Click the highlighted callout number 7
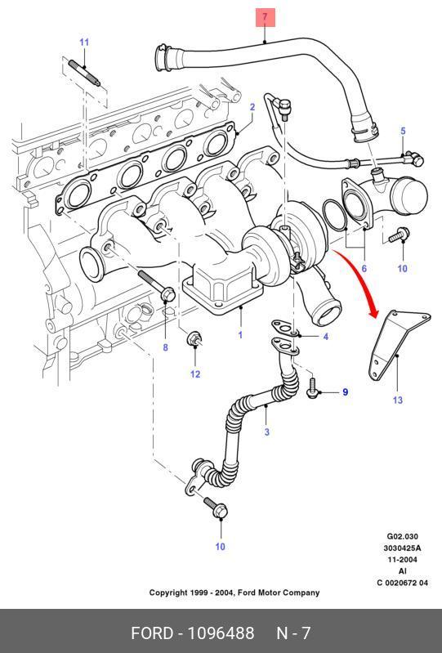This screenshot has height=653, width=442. coord(265,17)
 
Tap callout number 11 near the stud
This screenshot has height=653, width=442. coord(84,42)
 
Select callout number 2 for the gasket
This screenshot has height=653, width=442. coord(252,107)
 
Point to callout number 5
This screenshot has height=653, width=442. coord(403,131)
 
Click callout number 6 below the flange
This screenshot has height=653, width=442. coord(364,268)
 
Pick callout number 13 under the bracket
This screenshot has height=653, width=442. coord(397,400)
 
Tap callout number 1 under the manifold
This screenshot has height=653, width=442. coord(240,334)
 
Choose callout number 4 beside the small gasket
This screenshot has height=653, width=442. coord(325,337)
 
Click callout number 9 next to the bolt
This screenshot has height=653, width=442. coord(345,392)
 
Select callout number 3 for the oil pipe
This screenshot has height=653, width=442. coord(267,432)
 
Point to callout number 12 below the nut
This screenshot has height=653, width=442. coord(195,374)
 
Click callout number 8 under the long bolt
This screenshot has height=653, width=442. coord(165,347)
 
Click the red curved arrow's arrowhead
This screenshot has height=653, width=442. coord(373,311)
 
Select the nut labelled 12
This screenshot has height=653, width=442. coord(194,338)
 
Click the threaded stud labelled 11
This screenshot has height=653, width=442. coord(84,73)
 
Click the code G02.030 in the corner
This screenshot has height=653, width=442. coord(403,536)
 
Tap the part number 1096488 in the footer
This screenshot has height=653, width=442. coord(221,633)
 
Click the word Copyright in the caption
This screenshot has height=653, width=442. coord(167,593)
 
